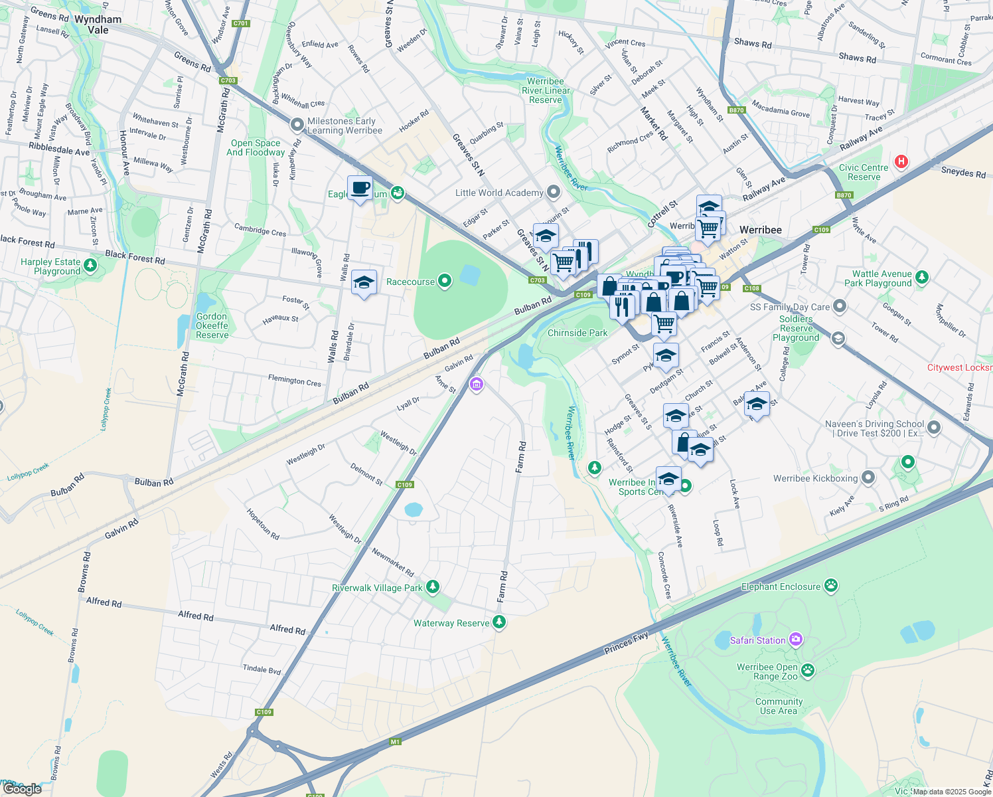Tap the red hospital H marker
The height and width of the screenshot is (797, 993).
pyautogui.click(x=901, y=161)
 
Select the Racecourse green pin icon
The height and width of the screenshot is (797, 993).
pyautogui.click(x=445, y=282)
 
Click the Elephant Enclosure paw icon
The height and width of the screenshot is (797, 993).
pyautogui.click(x=830, y=586)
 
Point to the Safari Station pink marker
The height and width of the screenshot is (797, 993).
pyautogui.click(x=796, y=640)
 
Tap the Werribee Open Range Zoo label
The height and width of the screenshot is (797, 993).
pyautogui.click(x=767, y=671)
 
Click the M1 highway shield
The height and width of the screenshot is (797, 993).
pyautogui.click(x=396, y=742)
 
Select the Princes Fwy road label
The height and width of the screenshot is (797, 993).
pyautogui.click(x=627, y=643)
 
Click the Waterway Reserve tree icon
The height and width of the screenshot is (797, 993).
pyautogui.click(x=500, y=622)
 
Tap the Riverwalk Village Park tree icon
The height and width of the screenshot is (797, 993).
pyautogui.click(x=433, y=586)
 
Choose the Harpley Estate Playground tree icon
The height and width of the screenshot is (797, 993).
pyautogui.click(x=90, y=266)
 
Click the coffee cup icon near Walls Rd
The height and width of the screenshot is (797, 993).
pyautogui.click(x=360, y=189)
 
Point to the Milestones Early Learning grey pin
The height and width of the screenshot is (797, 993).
pyautogui.click(x=297, y=124)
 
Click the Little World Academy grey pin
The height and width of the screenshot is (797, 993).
pyautogui.click(x=554, y=193)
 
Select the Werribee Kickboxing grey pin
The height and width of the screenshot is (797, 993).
pyautogui.click(x=868, y=478)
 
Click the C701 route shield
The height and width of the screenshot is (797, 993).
pyautogui.click(x=241, y=23)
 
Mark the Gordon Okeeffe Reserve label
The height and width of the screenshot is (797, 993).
pyautogui.click(x=212, y=325)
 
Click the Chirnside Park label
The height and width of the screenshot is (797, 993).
pyautogui.click(x=577, y=333)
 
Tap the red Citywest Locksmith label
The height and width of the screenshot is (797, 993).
pyautogui.click(x=960, y=367)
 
